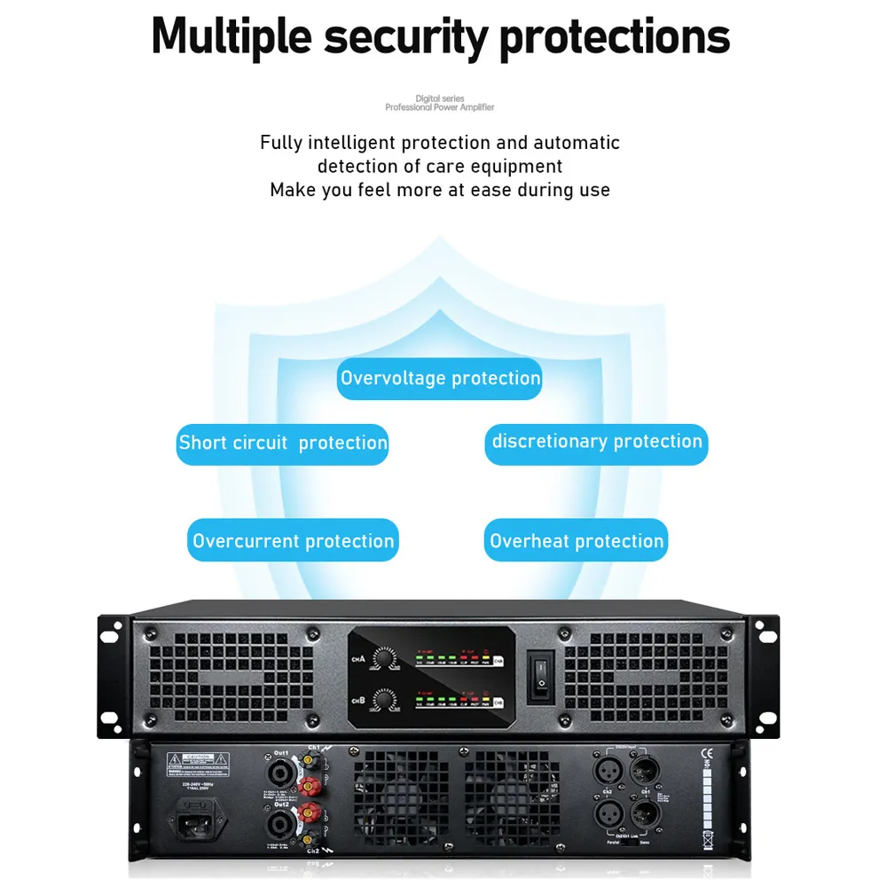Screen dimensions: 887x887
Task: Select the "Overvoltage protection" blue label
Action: [440, 379]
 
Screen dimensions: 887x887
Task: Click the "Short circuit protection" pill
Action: [283, 443]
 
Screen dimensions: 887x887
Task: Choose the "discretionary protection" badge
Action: [596, 442]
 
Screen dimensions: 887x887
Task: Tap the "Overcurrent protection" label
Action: [293, 541]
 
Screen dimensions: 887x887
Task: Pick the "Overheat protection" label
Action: [576, 541]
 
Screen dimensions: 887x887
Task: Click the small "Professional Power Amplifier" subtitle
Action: [439, 107]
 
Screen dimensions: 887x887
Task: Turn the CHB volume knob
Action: [385, 699]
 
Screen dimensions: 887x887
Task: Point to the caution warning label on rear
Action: [198, 760]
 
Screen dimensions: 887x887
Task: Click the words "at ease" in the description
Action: [485, 190]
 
